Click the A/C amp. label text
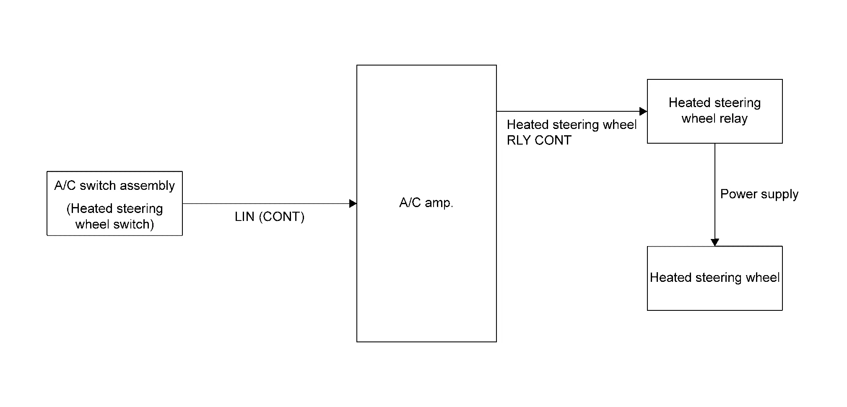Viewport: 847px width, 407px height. (x=426, y=203)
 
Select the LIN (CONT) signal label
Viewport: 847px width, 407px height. (x=269, y=217)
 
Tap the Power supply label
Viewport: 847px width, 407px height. (x=759, y=194)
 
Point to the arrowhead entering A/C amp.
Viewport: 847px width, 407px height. (x=353, y=204)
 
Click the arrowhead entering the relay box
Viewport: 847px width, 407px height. (x=643, y=111)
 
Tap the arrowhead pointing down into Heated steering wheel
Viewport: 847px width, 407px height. (x=715, y=242)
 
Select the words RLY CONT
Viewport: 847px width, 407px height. (x=539, y=140)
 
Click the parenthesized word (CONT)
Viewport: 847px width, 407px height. (x=282, y=217)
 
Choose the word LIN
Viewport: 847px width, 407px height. (x=244, y=217)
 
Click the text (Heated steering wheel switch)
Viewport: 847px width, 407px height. (x=114, y=216)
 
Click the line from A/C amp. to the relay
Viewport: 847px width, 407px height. (x=566, y=111)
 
